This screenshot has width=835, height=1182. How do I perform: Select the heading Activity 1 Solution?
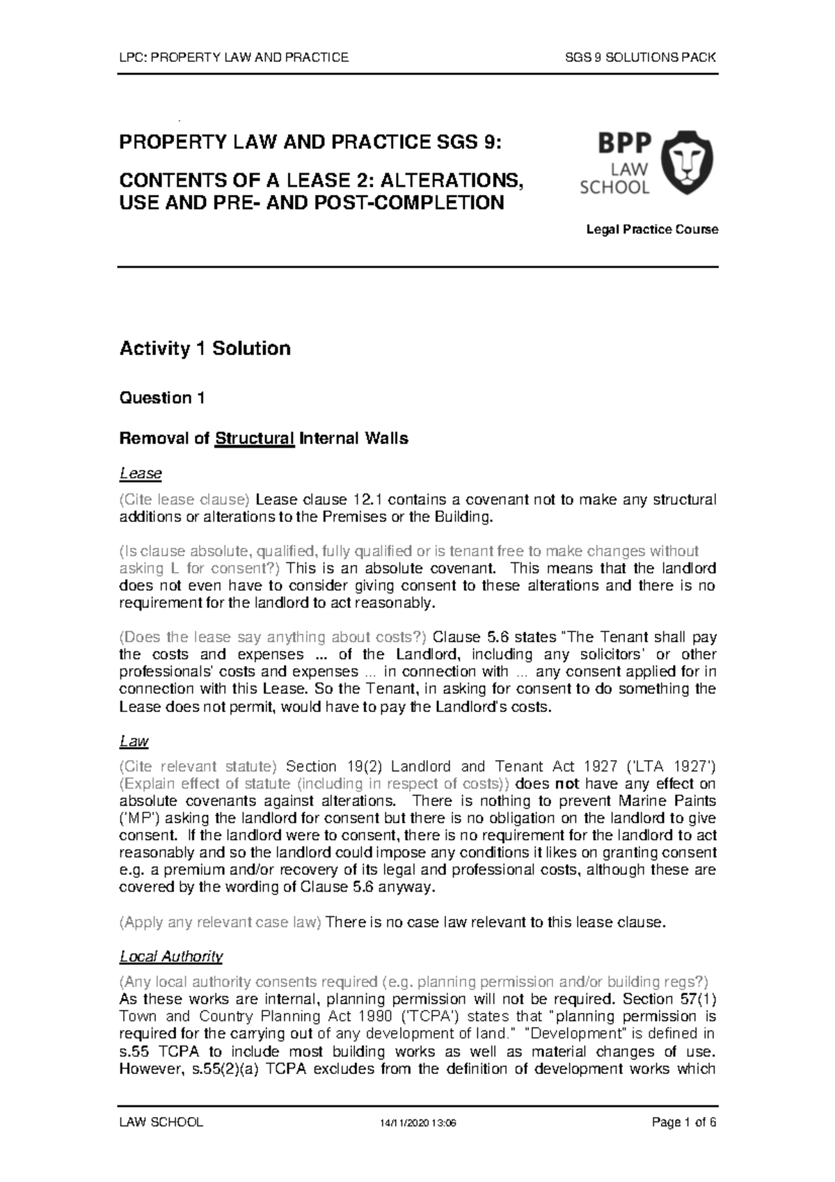[x=205, y=348]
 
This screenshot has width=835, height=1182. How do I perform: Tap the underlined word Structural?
[x=255, y=439]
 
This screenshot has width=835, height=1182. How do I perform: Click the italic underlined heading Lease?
[x=141, y=474]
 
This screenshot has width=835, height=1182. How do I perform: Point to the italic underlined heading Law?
[x=134, y=741]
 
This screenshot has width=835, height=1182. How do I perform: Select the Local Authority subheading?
[x=171, y=956]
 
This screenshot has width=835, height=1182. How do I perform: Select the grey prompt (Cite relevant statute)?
[x=198, y=767]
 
